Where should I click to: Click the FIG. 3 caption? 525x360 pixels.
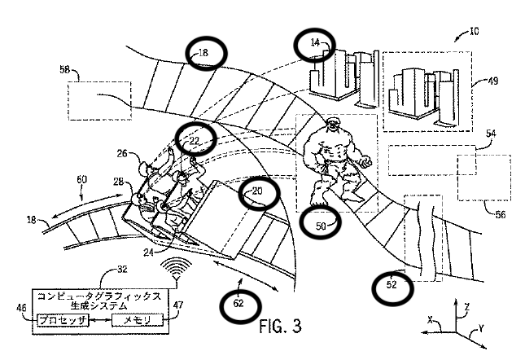click(x=281, y=326)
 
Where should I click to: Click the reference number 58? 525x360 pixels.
click(x=64, y=69)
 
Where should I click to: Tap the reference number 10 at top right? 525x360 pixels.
click(x=474, y=32)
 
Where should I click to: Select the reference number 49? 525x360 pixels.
click(x=493, y=81)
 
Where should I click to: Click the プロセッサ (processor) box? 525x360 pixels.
click(x=63, y=320)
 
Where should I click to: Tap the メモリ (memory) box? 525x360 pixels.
click(x=138, y=320)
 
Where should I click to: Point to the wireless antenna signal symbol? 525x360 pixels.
click(x=176, y=268)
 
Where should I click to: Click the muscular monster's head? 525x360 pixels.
click(x=332, y=125)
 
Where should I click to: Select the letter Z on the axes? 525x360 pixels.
click(x=467, y=307)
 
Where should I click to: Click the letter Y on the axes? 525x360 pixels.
click(x=481, y=328)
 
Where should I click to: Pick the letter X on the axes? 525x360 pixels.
click(x=431, y=320)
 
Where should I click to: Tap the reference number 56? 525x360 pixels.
click(x=501, y=215)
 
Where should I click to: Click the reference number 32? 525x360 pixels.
click(x=123, y=269)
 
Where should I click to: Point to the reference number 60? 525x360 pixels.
click(x=81, y=179)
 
